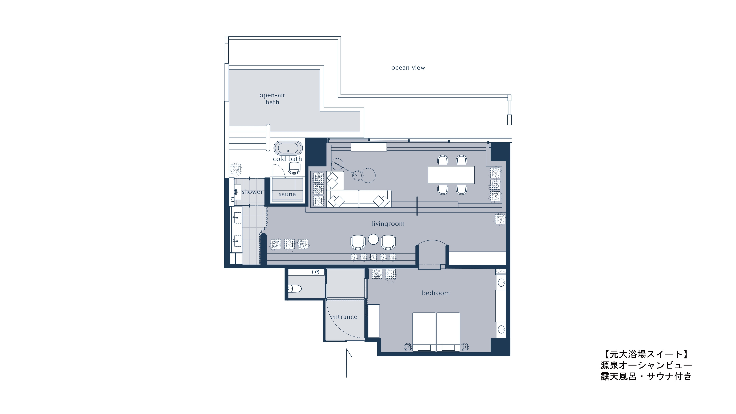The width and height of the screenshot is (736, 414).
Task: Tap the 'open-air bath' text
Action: pyautogui.click(x=272, y=99)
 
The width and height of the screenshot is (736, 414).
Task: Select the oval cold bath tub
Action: pyautogui.click(x=288, y=148)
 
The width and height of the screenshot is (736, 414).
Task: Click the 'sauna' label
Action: pyautogui.click(x=287, y=194)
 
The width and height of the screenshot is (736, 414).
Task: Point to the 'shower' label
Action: pyautogui.click(x=252, y=192)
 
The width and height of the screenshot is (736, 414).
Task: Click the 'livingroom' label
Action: pyautogui.click(x=388, y=224)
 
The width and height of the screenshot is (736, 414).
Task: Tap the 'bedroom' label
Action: pyautogui.click(x=436, y=293)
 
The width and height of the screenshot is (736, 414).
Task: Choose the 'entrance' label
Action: pyautogui.click(x=344, y=317)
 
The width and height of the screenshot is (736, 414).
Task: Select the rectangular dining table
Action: pyautogui.click(x=451, y=175)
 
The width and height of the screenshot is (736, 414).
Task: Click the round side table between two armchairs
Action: pyautogui.click(x=373, y=239)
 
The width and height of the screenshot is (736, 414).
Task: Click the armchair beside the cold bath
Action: pyautogui.click(x=294, y=168)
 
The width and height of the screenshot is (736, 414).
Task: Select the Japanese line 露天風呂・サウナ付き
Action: pyautogui.click(x=646, y=376)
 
